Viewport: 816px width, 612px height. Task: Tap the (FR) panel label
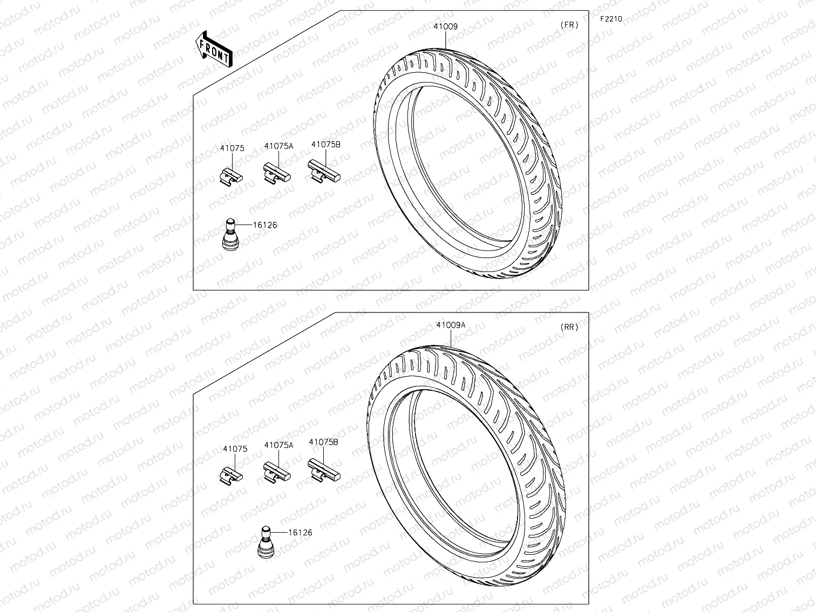point(569,25)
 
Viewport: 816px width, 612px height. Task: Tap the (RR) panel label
point(569,327)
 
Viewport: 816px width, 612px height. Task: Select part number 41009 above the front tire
point(445,26)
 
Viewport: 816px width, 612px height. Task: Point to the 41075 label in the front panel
point(232,148)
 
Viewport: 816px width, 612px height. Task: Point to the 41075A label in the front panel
point(278,146)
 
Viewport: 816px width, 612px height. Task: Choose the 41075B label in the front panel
point(325,145)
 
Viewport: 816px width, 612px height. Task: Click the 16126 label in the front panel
point(264,225)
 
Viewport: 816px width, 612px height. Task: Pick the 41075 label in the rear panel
point(235,448)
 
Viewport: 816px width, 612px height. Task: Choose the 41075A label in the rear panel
point(278,445)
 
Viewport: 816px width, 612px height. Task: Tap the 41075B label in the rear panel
point(323,442)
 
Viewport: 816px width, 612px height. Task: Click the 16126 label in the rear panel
point(300,533)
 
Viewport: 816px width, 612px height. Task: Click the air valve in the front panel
point(230,234)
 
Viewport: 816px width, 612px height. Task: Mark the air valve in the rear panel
point(266,541)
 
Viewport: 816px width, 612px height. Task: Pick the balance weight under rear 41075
point(232,474)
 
